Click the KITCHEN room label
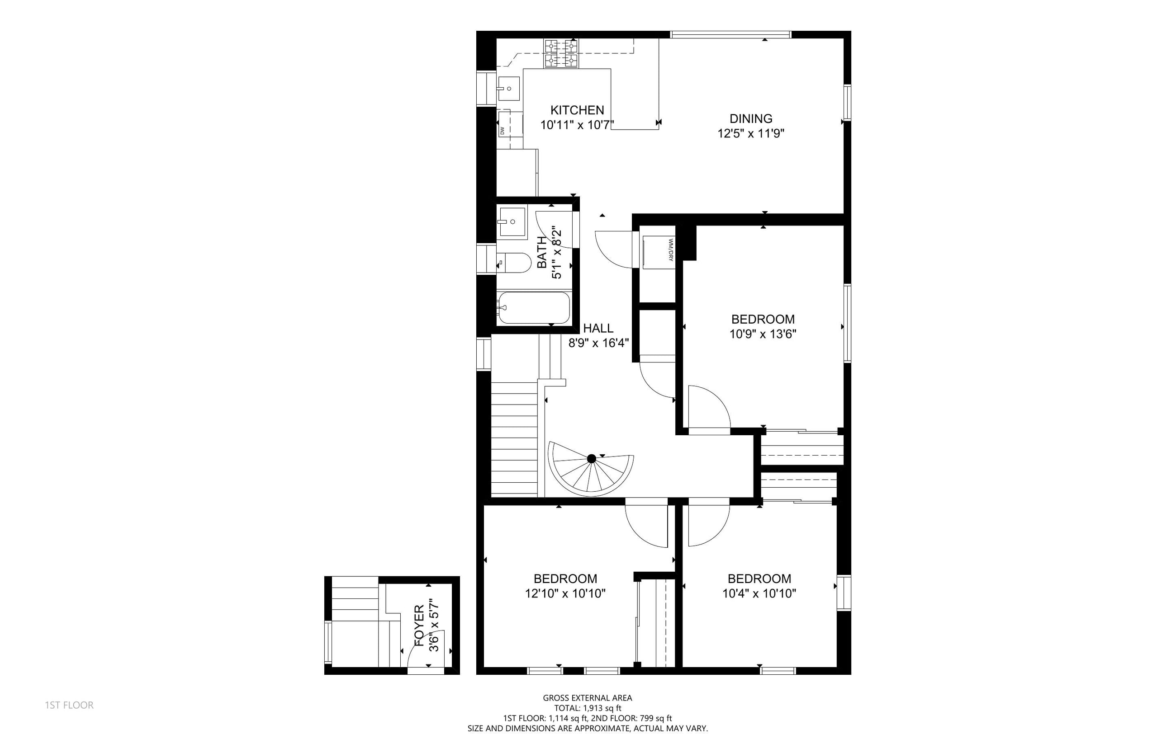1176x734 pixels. coord(577,110)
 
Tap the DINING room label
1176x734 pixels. coord(751,118)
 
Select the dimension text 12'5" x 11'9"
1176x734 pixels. coord(751,133)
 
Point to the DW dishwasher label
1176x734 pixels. coord(502,131)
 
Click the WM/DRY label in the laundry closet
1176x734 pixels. coord(671,249)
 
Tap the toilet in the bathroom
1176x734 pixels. coord(513,263)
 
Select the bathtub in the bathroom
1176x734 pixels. coord(533,307)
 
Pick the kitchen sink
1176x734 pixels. coord(508,89)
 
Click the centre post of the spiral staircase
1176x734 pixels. coord(591,458)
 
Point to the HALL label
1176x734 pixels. coord(598,328)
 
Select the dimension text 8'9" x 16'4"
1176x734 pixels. coord(598,343)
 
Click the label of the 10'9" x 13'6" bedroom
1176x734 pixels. coord(763,320)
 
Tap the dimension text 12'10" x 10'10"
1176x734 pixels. coord(565,594)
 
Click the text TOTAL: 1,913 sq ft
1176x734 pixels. coord(588,708)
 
